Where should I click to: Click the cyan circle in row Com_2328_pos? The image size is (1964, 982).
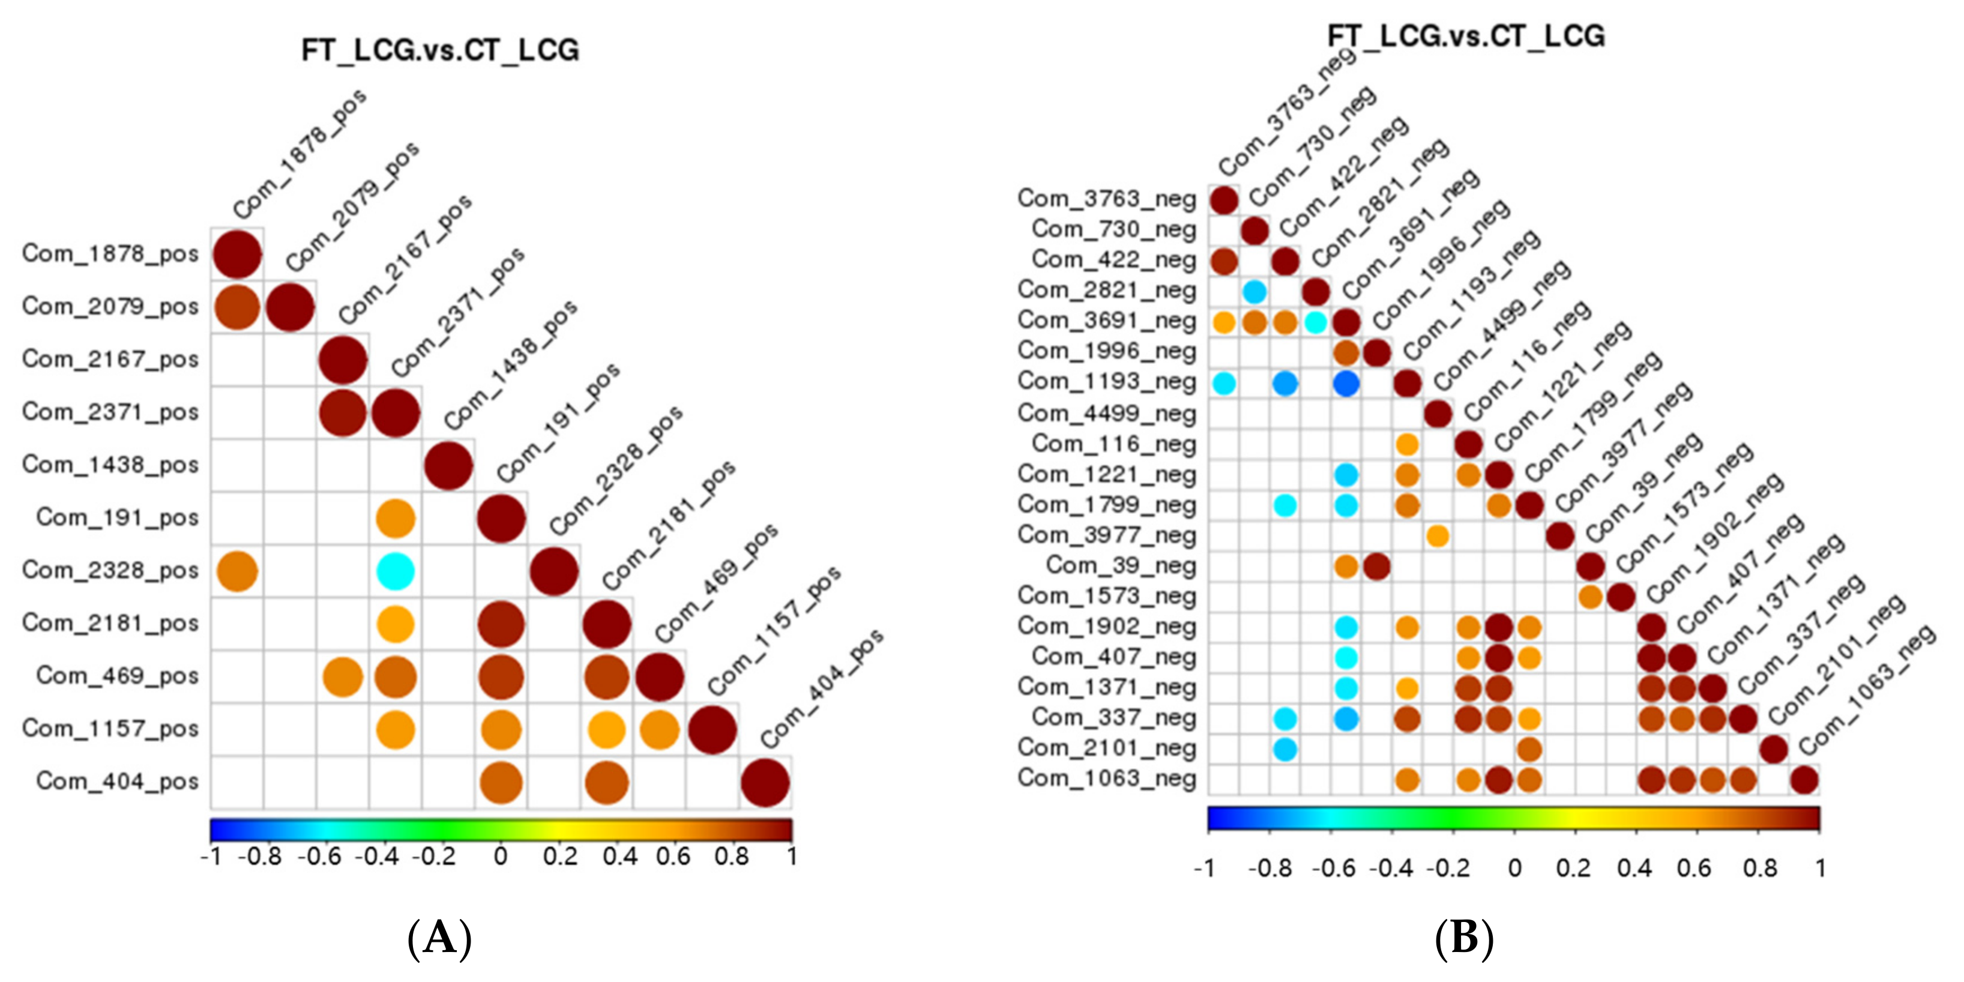tap(395, 571)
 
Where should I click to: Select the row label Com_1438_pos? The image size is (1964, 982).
tap(110, 465)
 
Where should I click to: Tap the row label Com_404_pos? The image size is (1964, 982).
tap(116, 782)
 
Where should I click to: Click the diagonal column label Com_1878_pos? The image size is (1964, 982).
tap(299, 155)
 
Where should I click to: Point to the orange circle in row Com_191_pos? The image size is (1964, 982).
tap(395, 519)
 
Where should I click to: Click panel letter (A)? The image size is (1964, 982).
tap(439, 937)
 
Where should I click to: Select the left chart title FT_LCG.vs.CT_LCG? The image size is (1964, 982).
tap(440, 50)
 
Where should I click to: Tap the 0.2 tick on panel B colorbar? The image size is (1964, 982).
tap(1574, 869)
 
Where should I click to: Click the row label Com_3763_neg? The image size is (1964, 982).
tap(1106, 199)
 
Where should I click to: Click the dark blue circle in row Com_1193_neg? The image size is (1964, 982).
tap(1346, 383)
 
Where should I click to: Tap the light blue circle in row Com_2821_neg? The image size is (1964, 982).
tap(1254, 291)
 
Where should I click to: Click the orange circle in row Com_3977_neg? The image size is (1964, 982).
tap(1437, 536)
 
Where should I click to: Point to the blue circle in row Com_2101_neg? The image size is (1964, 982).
tap(1285, 750)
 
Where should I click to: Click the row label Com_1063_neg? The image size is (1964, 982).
tap(1106, 779)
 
